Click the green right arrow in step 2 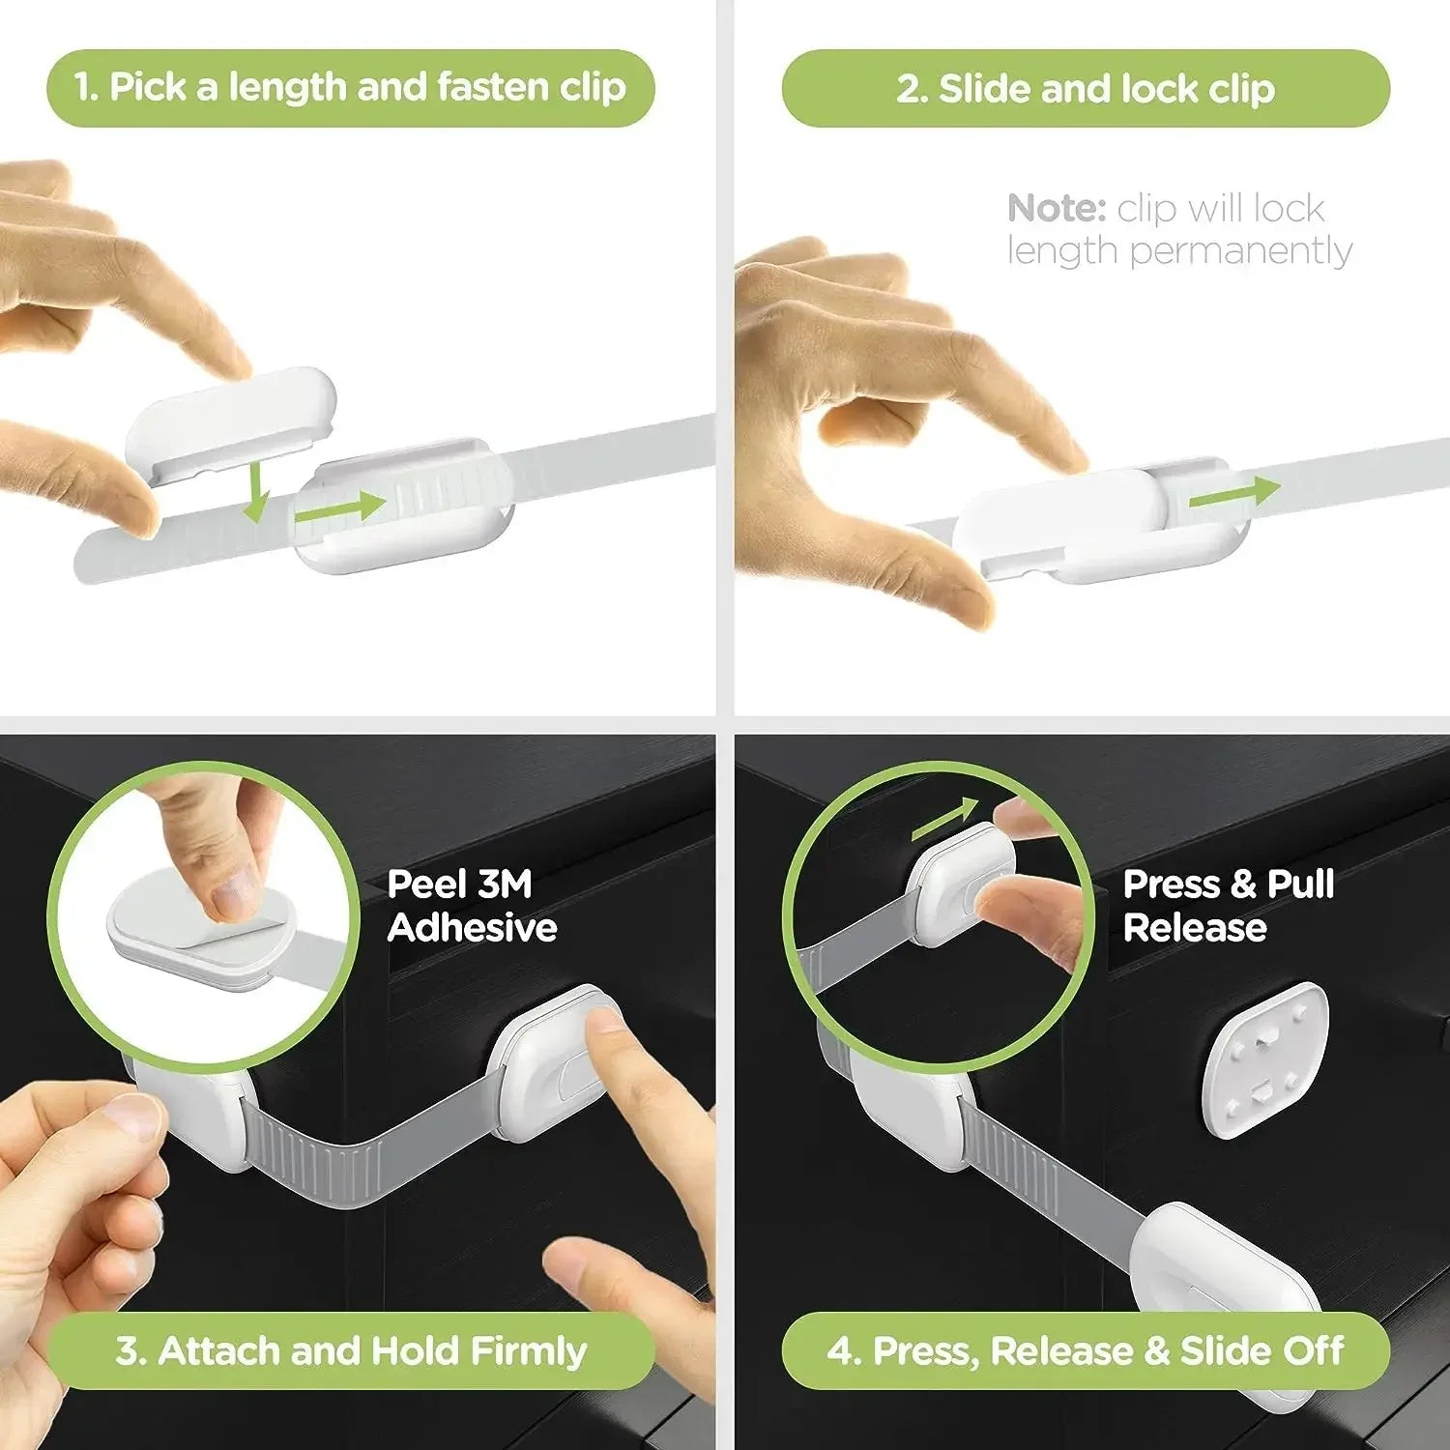(1233, 494)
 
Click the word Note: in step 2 (1056, 209)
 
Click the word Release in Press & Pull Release (1195, 928)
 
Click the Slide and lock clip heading (1086, 89)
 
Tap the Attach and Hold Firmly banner (350, 1350)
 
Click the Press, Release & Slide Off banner (1086, 1350)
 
